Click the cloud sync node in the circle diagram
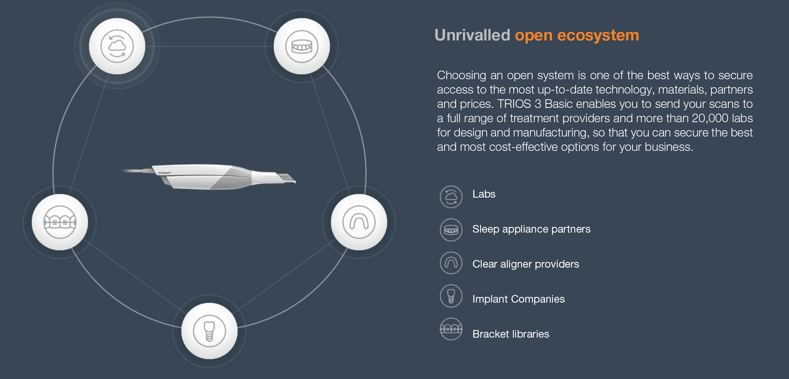117,46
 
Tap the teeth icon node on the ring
302,46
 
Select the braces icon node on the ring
60,222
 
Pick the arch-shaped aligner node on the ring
359,222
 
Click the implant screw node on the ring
209,331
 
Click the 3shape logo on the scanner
164,173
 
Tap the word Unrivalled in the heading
472,35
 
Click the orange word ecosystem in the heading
598,36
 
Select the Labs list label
484,194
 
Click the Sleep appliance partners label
531,229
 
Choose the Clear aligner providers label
526,264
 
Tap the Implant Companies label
519,299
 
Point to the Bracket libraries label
511,334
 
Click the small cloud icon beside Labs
451,197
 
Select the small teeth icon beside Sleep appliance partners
451,230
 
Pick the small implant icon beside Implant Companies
451,296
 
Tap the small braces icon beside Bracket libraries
451,329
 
